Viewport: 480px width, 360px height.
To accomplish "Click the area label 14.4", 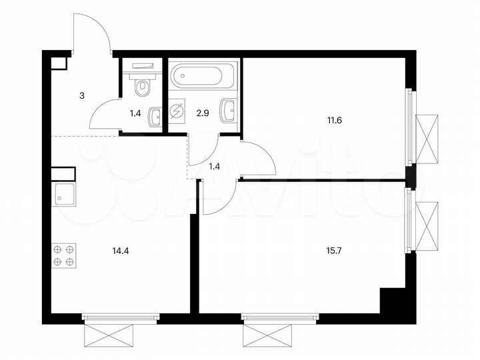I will [x=121, y=251].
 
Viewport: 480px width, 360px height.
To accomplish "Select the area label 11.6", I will [x=312, y=121].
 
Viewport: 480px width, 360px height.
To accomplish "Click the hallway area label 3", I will [x=82, y=96].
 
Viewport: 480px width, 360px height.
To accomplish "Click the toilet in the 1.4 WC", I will [x=143, y=86].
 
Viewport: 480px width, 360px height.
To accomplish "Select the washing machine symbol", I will [x=178, y=111].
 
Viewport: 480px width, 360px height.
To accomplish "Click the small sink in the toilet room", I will [x=155, y=116].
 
